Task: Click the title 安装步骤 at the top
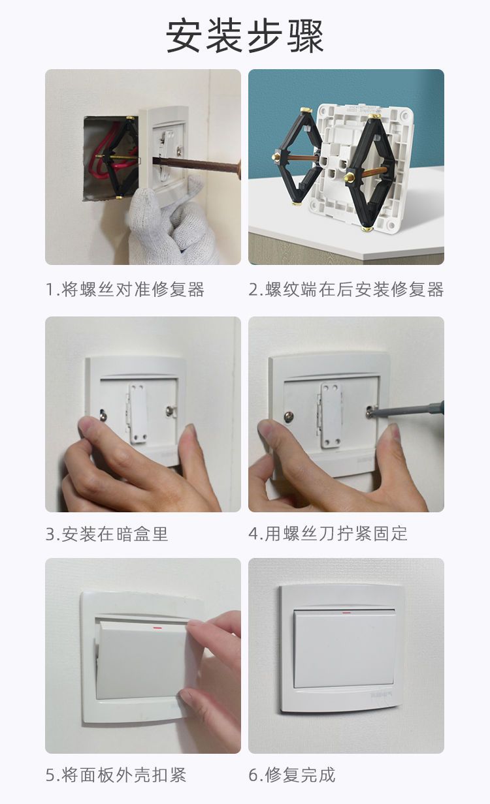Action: pyautogui.click(x=244, y=37)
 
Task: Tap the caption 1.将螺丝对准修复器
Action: pyautogui.click(x=125, y=290)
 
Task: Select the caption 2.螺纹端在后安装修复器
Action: pyautogui.click(x=346, y=290)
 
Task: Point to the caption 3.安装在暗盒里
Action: pyautogui.click(x=106, y=534)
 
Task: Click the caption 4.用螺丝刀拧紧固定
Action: pyautogui.click(x=328, y=534)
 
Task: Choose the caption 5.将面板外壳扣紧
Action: pyautogui.click(x=116, y=775)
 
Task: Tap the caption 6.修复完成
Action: pyautogui.click(x=291, y=775)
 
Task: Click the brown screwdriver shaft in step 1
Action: pyautogui.click(x=196, y=165)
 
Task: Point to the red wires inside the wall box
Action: pyautogui.click(x=108, y=154)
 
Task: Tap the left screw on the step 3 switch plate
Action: pyautogui.click(x=103, y=416)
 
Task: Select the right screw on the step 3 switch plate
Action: pyautogui.click(x=171, y=410)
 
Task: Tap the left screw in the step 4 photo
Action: pyautogui.click(x=289, y=416)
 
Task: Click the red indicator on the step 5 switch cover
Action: pyautogui.click(x=157, y=628)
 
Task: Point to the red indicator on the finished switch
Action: pyautogui.click(x=347, y=612)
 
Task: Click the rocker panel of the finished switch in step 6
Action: pyautogui.click(x=344, y=649)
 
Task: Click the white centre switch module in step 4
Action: pyautogui.click(x=331, y=415)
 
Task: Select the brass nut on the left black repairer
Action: pyautogui.click(x=276, y=156)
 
